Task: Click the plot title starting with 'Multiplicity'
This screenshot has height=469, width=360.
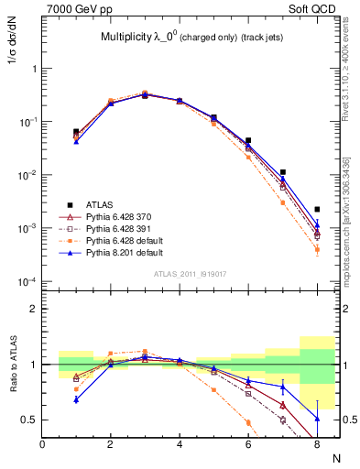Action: [x=183, y=38]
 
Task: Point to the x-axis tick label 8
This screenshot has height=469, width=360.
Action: [x=315, y=443]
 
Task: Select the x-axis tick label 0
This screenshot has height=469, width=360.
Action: [x=42, y=443]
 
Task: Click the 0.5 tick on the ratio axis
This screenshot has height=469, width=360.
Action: [x=28, y=420]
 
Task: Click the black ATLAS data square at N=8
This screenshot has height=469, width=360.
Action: [x=317, y=210]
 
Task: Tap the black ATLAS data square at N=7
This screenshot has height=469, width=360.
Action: [x=283, y=172]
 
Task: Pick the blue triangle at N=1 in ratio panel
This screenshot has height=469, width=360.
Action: [x=76, y=399]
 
